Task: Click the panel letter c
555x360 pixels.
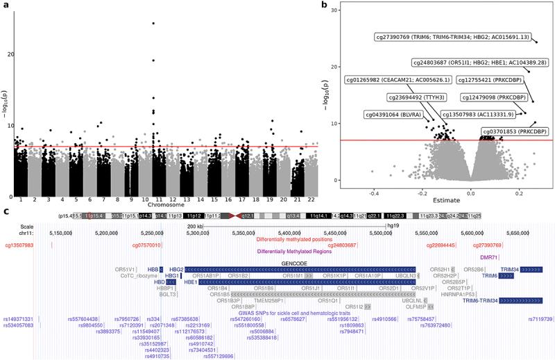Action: coord(6,211)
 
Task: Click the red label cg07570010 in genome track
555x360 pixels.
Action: coord(146,245)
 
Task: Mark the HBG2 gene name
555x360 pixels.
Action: coord(176,269)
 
